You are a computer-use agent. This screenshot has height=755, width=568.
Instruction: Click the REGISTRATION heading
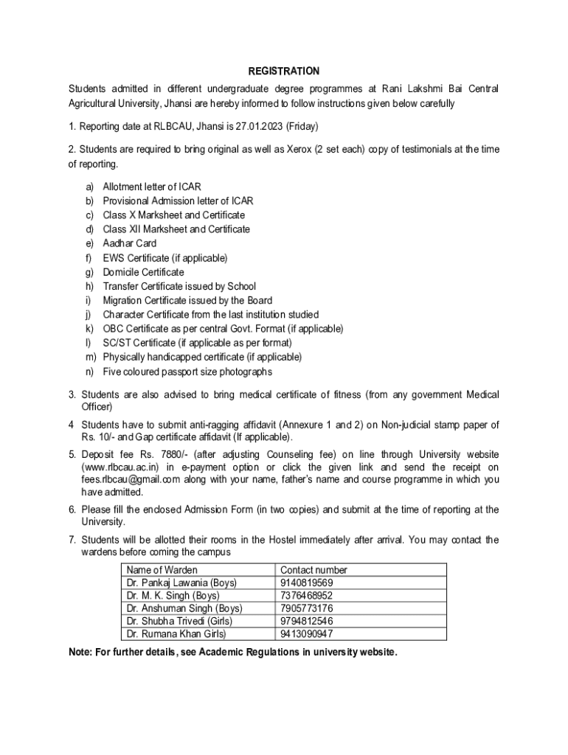284,72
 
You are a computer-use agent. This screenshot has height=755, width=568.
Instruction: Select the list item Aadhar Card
130,243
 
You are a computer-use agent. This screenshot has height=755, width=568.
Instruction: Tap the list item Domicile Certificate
143,272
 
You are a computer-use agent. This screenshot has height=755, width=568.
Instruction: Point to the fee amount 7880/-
164,453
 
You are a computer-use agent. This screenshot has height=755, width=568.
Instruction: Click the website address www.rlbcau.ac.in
119,467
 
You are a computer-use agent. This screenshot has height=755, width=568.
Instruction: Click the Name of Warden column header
162,570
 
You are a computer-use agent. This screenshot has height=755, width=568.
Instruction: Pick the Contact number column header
314,570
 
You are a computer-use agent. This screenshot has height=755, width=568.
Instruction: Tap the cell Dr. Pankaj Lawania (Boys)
181,582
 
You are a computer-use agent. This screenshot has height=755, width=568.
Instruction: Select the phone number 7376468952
307,595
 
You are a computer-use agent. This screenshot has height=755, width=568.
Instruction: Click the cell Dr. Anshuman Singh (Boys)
184,608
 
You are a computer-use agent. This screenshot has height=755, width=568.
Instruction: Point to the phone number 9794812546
307,621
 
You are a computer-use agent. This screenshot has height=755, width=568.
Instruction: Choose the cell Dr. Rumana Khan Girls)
176,633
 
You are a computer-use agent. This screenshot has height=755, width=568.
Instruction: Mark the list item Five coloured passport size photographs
187,372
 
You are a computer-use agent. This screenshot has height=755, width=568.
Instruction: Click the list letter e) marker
89,243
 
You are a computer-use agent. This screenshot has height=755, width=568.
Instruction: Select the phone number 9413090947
307,633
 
